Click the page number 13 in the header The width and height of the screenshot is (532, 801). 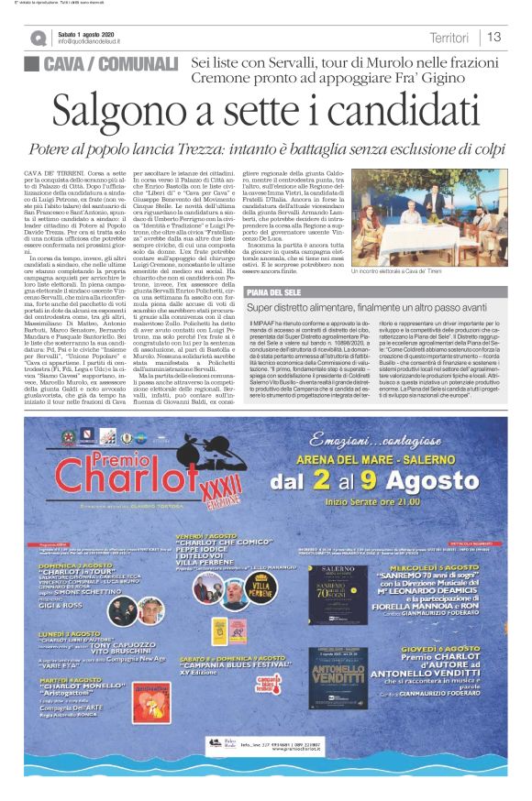[x=493, y=37]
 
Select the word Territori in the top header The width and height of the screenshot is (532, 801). [x=449, y=37]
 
